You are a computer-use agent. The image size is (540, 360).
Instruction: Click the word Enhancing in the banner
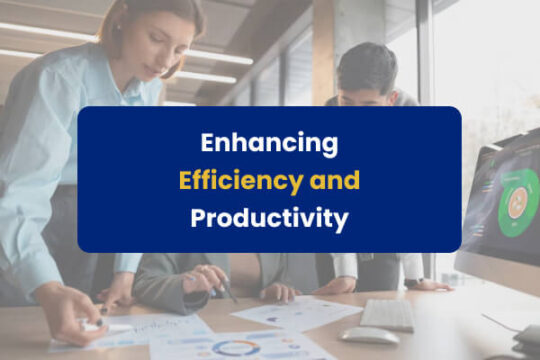click(x=269, y=144)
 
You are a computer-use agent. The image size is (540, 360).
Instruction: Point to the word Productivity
click(x=269, y=217)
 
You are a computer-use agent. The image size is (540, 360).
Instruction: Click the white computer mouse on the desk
click(x=369, y=335)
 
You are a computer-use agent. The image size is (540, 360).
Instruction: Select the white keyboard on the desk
click(x=389, y=314)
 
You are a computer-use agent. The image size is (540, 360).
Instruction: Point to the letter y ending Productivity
click(x=340, y=220)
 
